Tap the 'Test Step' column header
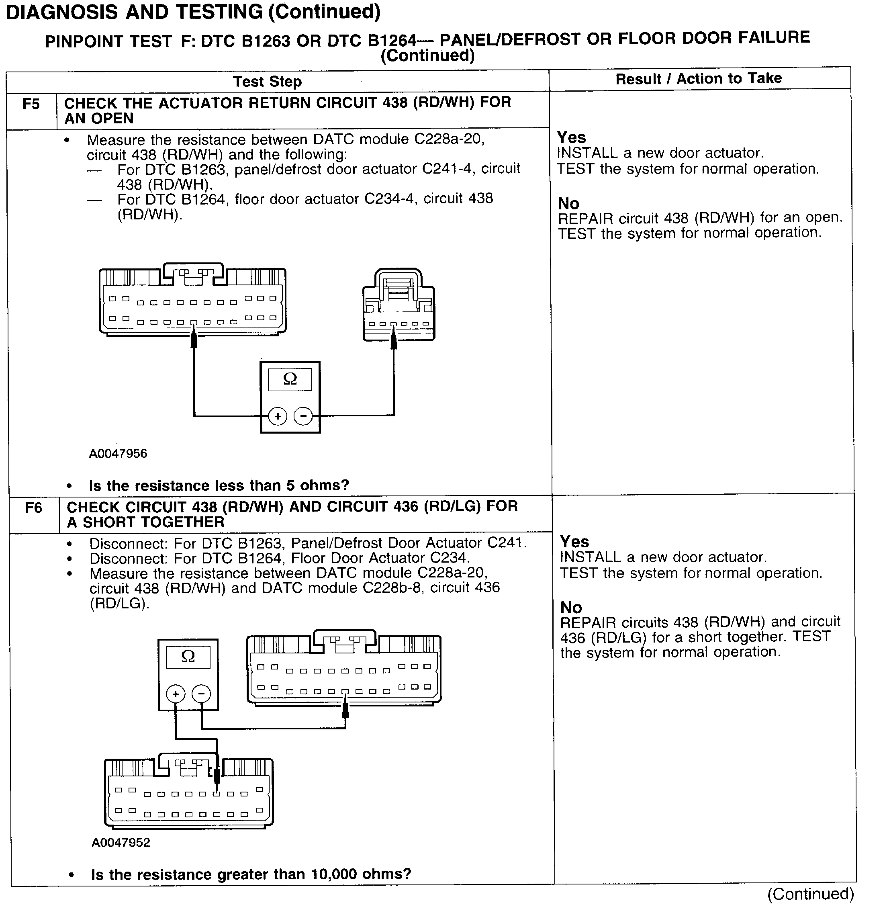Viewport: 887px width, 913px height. coord(268,82)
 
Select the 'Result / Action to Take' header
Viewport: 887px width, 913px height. coord(699,79)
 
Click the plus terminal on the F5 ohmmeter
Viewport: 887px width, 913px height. coord(278,416)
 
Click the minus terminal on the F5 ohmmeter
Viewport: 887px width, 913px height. coord(303,416)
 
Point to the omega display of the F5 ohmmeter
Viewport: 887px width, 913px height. coord(290,379)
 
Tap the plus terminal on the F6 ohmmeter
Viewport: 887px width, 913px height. coord(176,694)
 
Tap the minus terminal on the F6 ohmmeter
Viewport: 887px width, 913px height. coord(201,694)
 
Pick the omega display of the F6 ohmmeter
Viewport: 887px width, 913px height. coord(188,657)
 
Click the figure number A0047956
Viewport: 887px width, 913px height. coord(118,453)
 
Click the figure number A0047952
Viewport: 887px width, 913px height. coord(121,842)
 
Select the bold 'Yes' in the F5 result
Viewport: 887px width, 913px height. coord(571,137)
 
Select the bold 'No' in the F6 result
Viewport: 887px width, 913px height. coord(571,607)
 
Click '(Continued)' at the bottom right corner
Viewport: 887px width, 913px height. coord(811,894)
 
